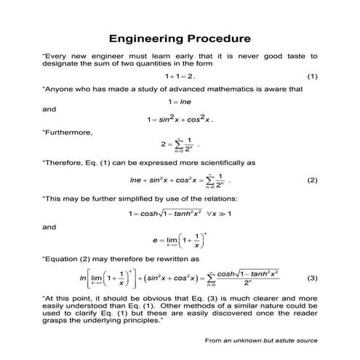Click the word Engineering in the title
[143, 37]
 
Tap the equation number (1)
[312, 76]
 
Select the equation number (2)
[312, 180]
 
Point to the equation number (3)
[312, 278]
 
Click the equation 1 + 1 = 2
[180, 76]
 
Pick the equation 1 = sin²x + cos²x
[180, 119]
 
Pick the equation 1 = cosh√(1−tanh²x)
[179, 214]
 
